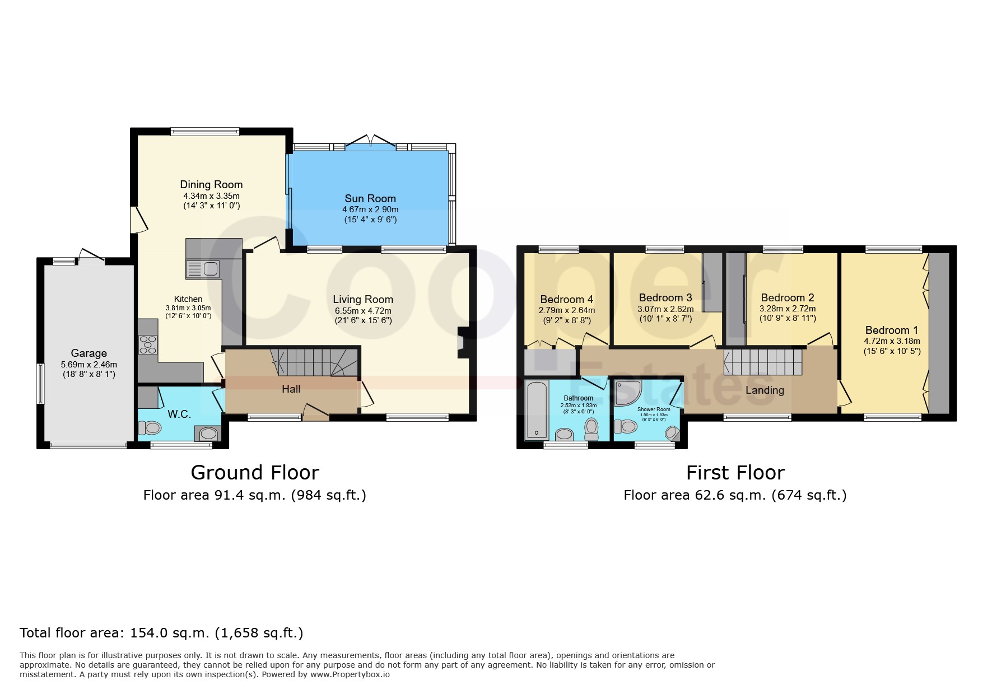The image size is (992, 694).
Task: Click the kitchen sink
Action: point(203,269)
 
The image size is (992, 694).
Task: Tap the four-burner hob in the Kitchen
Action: point(147,344)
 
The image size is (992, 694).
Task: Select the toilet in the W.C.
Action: point(150,428)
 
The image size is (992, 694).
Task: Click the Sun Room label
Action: point(370,198)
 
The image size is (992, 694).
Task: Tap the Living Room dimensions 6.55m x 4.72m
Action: point(363,311)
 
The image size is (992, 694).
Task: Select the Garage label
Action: point(89,353)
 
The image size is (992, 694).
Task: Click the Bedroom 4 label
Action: point(566,300)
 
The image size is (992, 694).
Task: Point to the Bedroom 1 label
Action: point(892,330)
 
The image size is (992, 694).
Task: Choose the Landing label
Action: point(765,390)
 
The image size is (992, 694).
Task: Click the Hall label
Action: point(291,389)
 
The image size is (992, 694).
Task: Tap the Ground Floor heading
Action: point(255,473)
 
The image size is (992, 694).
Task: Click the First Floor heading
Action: point(735,473)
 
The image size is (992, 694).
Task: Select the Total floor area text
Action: point(161,633)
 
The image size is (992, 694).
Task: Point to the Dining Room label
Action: point(211,184)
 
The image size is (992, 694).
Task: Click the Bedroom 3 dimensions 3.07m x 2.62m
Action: point(665,309)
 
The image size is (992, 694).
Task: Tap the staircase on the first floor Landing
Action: point(763,362)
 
